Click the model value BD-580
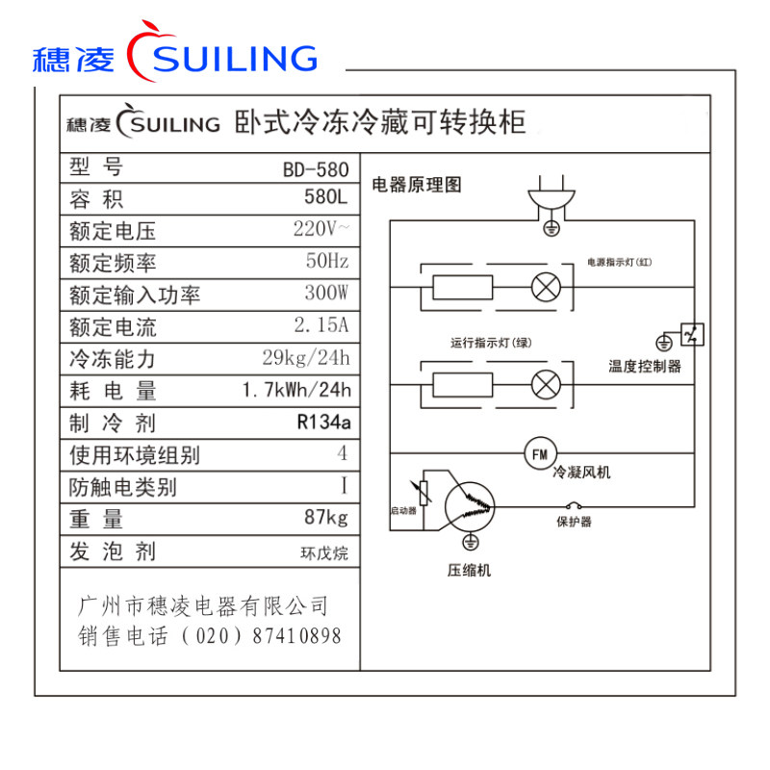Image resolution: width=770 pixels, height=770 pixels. point(316,169)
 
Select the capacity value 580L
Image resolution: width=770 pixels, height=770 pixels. point(324,200)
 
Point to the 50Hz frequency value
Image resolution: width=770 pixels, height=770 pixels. point(327,263)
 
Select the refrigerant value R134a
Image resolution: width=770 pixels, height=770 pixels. point(323,423)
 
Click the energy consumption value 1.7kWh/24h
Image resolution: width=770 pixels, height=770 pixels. point(297,391)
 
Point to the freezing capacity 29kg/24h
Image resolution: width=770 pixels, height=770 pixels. point(306,359)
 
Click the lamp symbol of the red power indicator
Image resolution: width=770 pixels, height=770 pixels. point(547,287)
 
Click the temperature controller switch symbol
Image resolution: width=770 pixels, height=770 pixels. point(692,335)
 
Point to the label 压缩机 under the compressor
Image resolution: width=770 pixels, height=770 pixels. point(469,571)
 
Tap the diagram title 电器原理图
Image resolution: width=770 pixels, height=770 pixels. point(417,184)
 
